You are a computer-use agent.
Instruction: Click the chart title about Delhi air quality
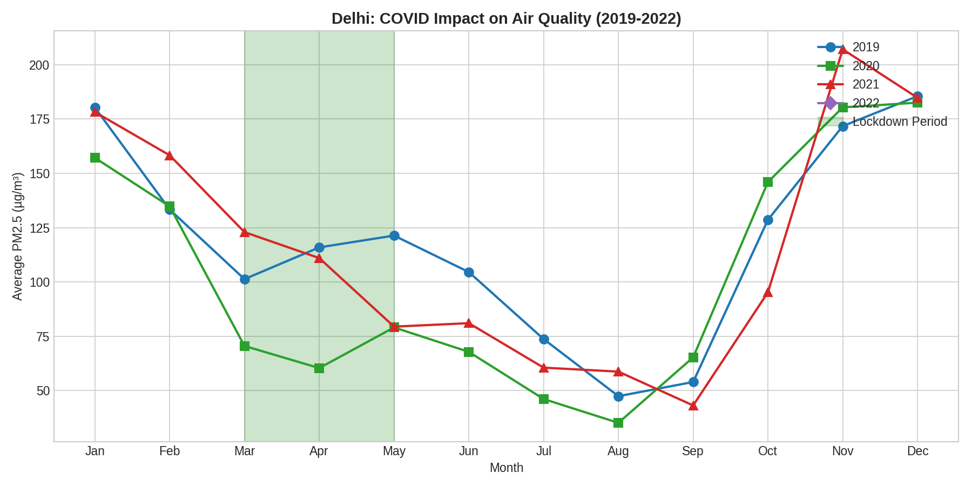pos(506,18)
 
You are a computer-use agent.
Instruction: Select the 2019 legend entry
pos(866,48)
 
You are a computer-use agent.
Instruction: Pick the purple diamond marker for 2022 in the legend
pos(831,103)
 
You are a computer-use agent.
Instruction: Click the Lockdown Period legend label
pos(900,122)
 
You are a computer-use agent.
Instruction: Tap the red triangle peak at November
pos(842,50)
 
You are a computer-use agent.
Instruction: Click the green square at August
pos(618,423)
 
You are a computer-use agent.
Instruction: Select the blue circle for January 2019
pos(95,107)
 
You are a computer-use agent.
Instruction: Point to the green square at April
pos(319,368)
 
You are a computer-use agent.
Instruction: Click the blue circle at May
pos(394,235)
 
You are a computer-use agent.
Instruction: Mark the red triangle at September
pos(693,406)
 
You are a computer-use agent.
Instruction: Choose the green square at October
pos(768,182)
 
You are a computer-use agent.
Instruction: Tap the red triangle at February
pos(170,156)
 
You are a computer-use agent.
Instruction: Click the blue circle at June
pos(469,272)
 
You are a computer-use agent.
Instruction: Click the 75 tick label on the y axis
pos(42,337)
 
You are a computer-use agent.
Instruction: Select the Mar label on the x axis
pos(245,451)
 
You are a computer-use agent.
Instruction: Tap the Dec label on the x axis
pos(917,451)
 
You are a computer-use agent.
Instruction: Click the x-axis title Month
pos(506,468)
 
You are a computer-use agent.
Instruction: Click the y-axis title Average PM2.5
pos(18,237)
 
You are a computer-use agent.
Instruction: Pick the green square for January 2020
pos(95,158)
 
